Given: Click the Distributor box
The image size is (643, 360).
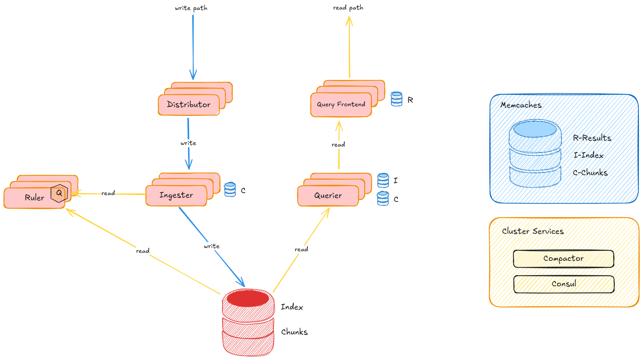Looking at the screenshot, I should tap(189, 105).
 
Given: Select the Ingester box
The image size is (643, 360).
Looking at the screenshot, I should tap(176, 195).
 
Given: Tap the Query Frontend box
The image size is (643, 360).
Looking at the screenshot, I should tap(341, 105).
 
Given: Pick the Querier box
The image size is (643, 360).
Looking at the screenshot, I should tap(328, 196).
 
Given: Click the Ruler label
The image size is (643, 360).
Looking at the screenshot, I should tap(34, 198).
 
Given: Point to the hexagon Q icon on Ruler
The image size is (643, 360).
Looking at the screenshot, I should tap(59, 193).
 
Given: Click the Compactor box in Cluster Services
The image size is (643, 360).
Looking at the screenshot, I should tap(563, 259).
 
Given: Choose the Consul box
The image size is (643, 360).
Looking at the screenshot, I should tap(564, 284).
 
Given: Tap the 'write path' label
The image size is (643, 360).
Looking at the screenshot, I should tap(191, 8).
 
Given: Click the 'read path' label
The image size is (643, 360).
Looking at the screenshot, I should tap(348, 8).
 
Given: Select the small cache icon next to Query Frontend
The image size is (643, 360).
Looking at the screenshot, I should tap(397, 99).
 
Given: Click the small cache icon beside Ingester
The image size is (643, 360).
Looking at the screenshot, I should tap(230, 190).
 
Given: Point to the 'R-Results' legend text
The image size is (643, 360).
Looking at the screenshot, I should tap(592, 138).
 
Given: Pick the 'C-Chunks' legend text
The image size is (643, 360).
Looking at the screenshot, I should tap(590, 173).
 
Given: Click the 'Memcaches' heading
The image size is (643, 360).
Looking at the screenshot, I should tap(521, 105).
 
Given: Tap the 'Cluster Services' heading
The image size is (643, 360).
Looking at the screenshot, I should tap(533, 231).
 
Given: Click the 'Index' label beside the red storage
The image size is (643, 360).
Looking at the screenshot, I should tap(292, 307).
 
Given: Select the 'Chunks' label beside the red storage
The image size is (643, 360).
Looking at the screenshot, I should tap(294, 332).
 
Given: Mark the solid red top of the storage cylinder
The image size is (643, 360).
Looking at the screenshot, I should tap(248, 298).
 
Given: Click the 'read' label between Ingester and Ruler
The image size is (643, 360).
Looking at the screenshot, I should tap(108, 193).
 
